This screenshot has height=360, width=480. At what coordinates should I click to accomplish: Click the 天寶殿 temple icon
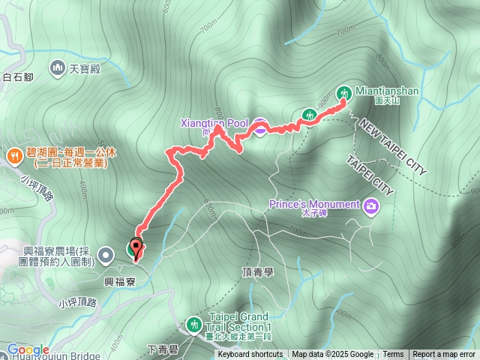pyautogui.click(x=58, y=70)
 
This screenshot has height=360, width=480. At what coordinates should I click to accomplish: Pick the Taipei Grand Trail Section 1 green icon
pyautogui.click(x=195, y=325)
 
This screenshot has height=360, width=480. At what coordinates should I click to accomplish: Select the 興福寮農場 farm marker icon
pyautogui.click(x=106, y=255)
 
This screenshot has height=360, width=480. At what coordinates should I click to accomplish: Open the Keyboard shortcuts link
pyautogui.click(x=251, y=355)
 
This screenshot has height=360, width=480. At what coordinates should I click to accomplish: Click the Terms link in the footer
pyautogui.click(x=393, y=355)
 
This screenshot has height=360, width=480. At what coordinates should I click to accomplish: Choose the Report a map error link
pyautogui.click(x=444, y=355)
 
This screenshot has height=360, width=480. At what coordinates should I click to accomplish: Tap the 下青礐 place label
pyautogui.click(x=162, y=349)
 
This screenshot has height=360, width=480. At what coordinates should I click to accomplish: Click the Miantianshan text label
pyautogui.click(x=386, y=91)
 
